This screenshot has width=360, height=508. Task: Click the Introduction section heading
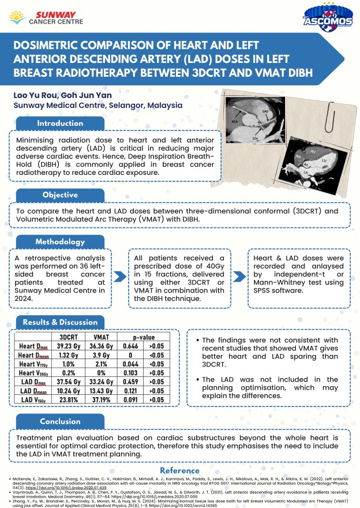point(59,124)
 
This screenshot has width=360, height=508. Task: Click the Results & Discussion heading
point(60,322)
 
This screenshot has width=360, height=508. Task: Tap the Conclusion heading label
point(59,421)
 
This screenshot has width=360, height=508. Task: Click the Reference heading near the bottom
point(179,470)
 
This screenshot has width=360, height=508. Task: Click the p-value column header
point(137,337)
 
